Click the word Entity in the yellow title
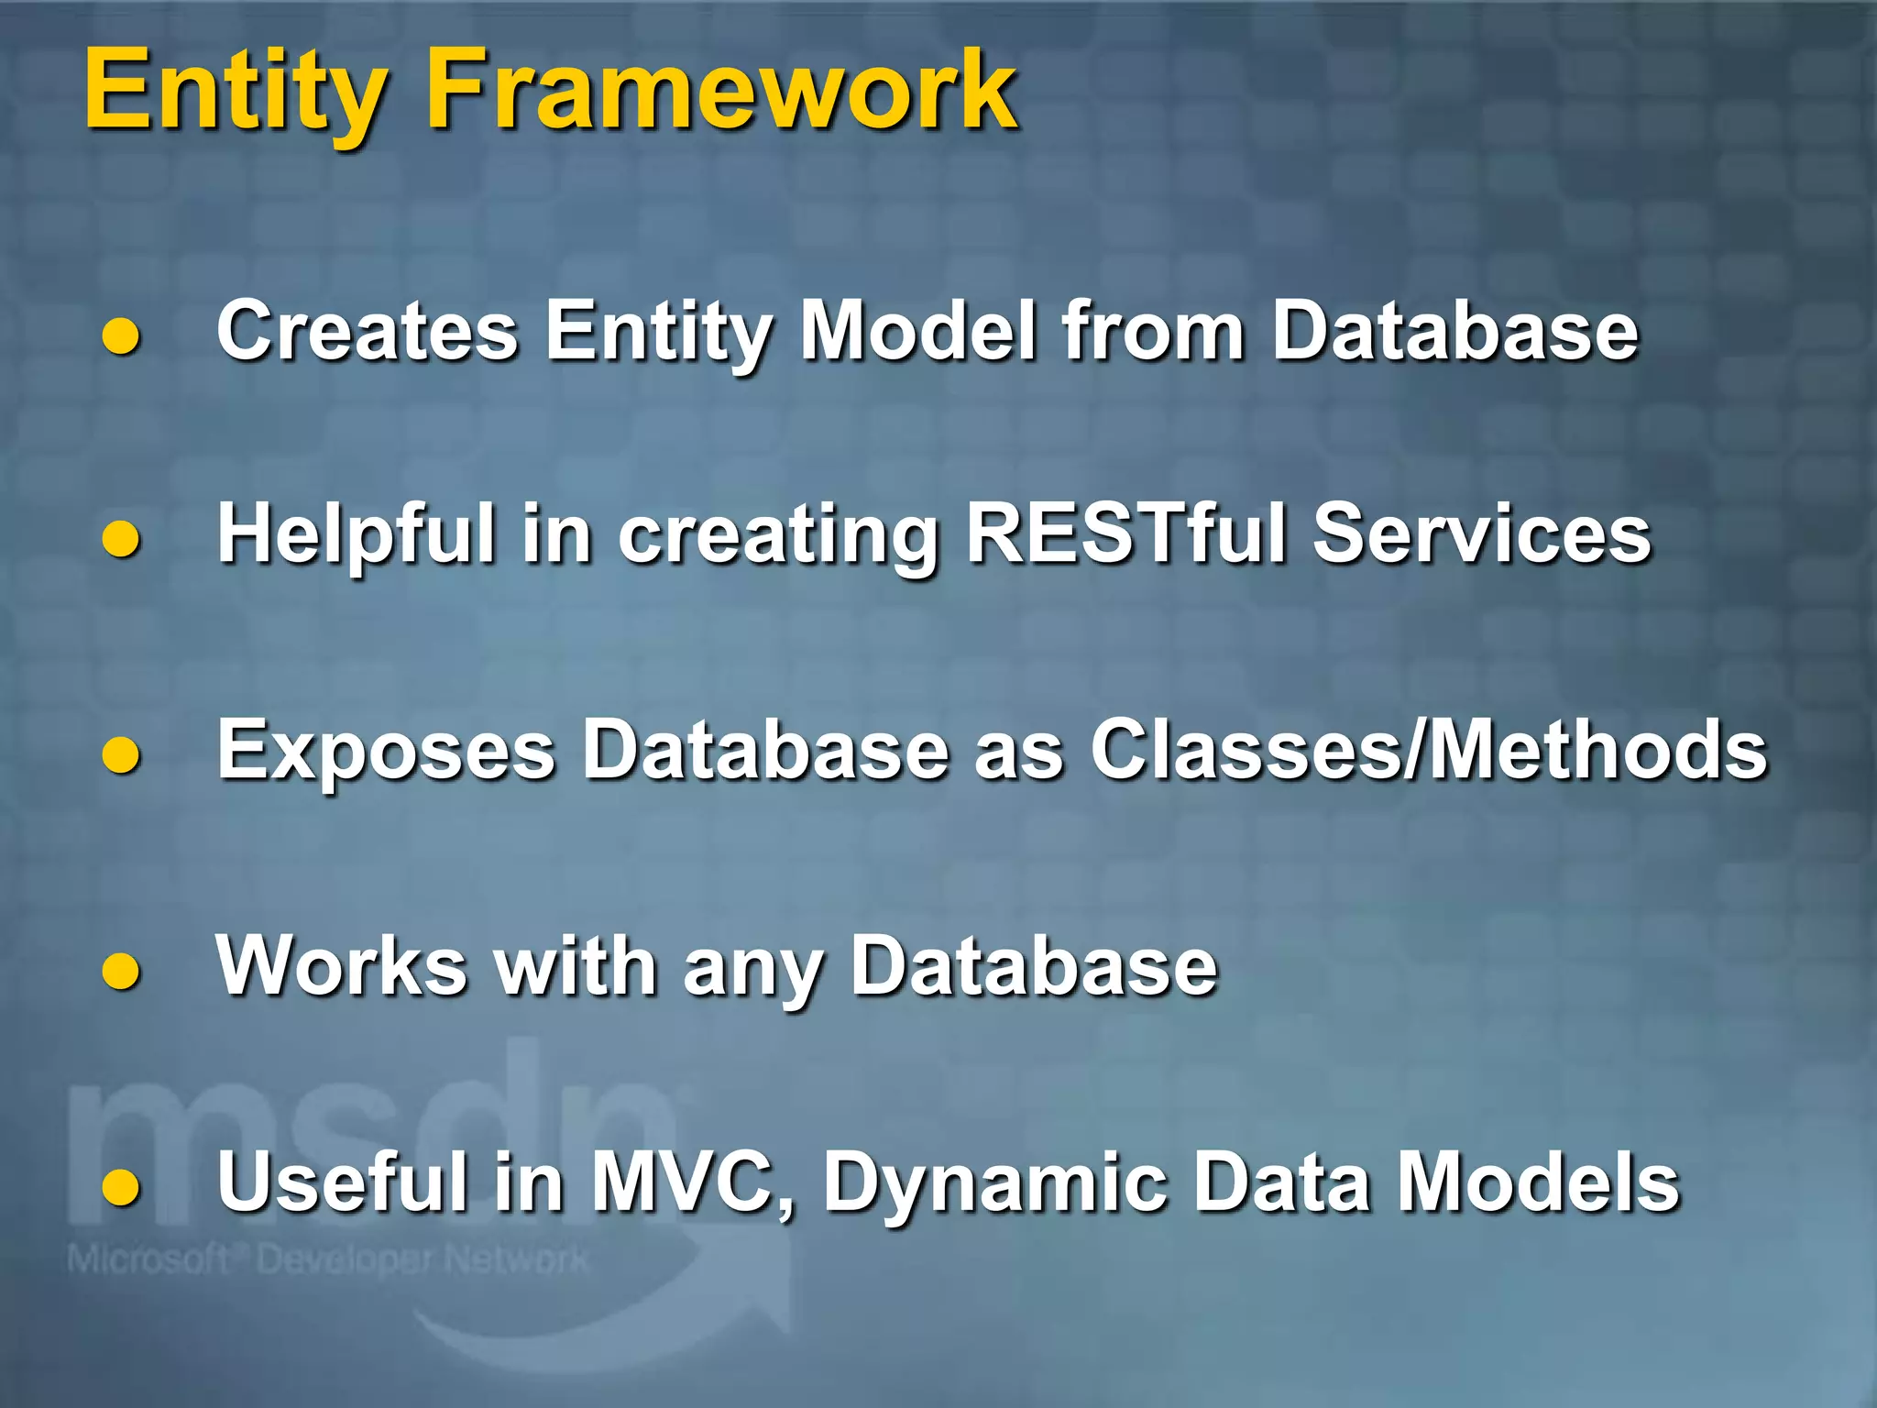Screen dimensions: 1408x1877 pyautogui.click(x=234, y=92)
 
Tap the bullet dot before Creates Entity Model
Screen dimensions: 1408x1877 pyautogui.click(x=121, y=337)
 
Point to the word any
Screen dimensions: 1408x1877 pyautogui.click(x=752, y=972)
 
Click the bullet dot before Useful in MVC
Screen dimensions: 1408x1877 pyautogui.click(x=121, y=1188)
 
